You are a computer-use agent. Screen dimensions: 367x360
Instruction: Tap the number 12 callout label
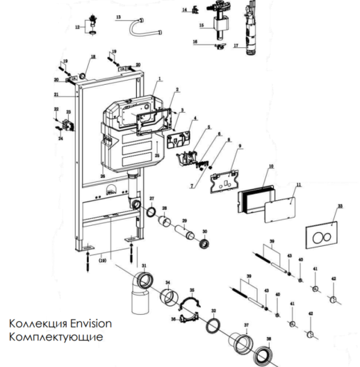point(78,27)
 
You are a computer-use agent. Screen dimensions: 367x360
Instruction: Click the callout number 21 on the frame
point(55,94)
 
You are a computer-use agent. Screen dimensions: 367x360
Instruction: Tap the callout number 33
point(338,206)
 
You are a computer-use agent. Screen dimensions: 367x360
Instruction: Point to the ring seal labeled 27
point(150,210)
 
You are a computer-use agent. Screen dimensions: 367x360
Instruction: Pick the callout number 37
point(246,325)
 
